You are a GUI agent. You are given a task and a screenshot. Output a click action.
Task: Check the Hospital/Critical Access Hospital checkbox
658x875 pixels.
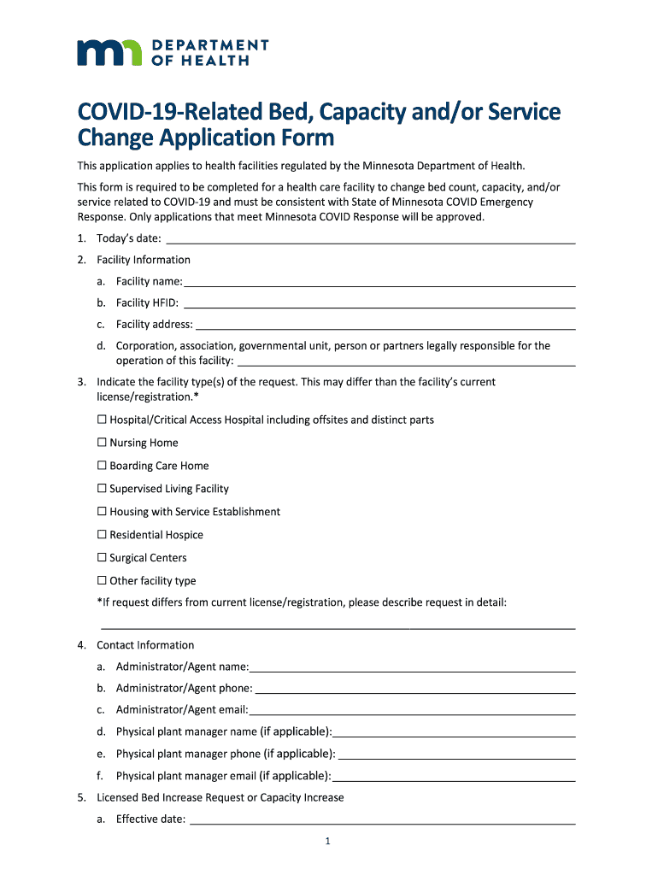(102, 420)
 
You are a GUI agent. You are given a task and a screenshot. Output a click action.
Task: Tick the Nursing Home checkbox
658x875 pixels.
(102, 443)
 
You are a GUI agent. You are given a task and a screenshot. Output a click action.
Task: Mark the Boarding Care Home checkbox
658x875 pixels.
(102, 466)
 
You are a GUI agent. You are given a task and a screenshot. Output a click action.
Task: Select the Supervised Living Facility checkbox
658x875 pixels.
(102, 489)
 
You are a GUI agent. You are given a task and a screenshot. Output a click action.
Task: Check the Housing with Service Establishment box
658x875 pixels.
(102, 512)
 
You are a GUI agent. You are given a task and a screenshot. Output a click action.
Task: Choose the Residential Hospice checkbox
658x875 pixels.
(102, 535)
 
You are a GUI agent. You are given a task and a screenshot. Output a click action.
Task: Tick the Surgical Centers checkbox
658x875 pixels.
(102, 558)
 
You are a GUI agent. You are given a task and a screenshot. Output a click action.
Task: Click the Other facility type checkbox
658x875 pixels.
(102, 581)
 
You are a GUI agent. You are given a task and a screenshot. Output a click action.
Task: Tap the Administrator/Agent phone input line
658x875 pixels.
(414, 688)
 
